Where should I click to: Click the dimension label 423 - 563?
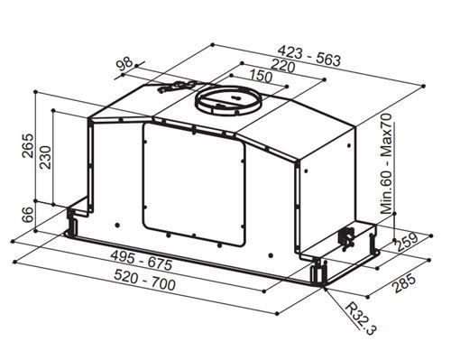[x=308, y=56]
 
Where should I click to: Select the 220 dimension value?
[x=282, y=67]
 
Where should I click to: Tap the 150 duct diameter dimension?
[x=260, y=76]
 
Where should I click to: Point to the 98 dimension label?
[x=124, y=63]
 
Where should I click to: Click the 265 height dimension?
[x=28, y=145]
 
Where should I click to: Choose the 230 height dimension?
[x=45, y=157]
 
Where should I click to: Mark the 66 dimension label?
[x=28, y=214]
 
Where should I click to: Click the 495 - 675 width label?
[x=142, y=260]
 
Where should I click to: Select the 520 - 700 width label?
[x=144, y=281]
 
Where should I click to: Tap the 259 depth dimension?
[x=407, y=242]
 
